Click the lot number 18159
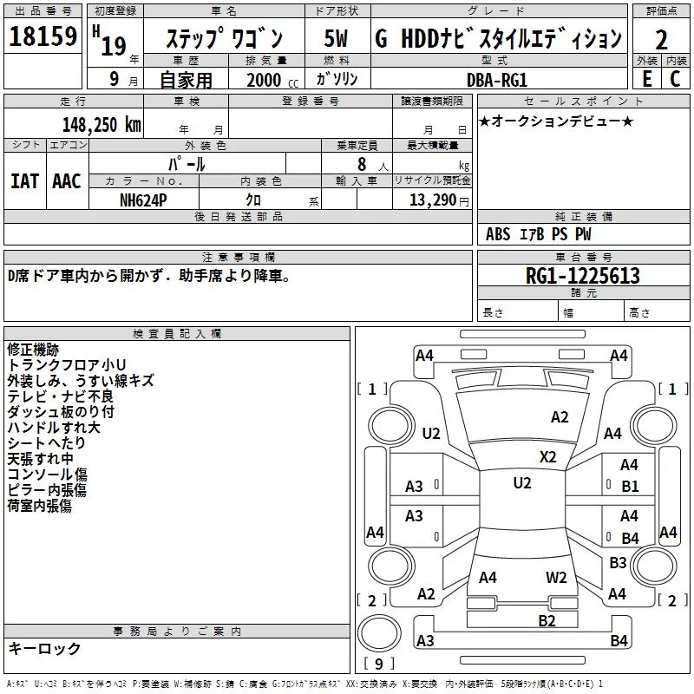(x=43, y=36)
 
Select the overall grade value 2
(x=661, y=40)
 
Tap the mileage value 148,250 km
(x=101, y=125)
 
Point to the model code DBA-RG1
(x=497, y=80)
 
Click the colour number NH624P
(x=143, y=200)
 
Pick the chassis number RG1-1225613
(x=582, y=276)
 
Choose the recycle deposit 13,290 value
(x=432, y=200)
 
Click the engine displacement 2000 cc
(x=272, y=80)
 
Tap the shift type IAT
(x=25, y=181)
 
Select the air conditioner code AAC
(x=67, y=181)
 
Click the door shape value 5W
(x=336, y=38)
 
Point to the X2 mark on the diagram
(x=548, y=457)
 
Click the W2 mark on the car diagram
(x=556, y=578)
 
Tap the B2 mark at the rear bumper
(x=547, y=620)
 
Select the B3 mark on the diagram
(x=618, y=562)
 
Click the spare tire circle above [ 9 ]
(x=379, y=632)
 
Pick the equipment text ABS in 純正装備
(x=498, y=234)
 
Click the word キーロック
(x=44, y=648)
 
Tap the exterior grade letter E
(x=647, y=79)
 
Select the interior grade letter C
(x=675, y=79)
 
